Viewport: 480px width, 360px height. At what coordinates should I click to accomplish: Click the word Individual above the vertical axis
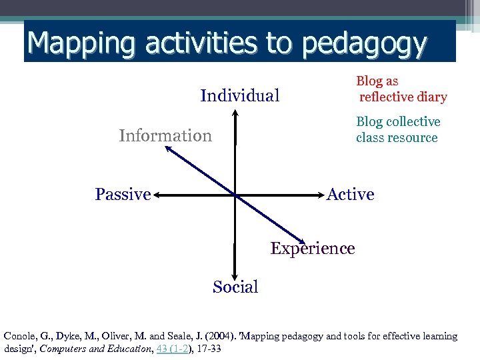pos(239,96)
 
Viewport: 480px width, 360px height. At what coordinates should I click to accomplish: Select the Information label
pos(165,136)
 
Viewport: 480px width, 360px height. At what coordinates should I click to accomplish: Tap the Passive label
pos(123,195)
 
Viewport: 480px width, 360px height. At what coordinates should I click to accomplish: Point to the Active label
pos(351,195)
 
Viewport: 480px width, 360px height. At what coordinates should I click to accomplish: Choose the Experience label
pos(313,249)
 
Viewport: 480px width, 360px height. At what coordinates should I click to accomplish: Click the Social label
pos(235,287)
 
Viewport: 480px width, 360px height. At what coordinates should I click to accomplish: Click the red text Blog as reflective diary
pos(401,89)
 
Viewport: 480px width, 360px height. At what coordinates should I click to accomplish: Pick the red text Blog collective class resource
pos(398,130)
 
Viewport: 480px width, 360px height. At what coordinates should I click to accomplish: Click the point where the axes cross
pos(235,195)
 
